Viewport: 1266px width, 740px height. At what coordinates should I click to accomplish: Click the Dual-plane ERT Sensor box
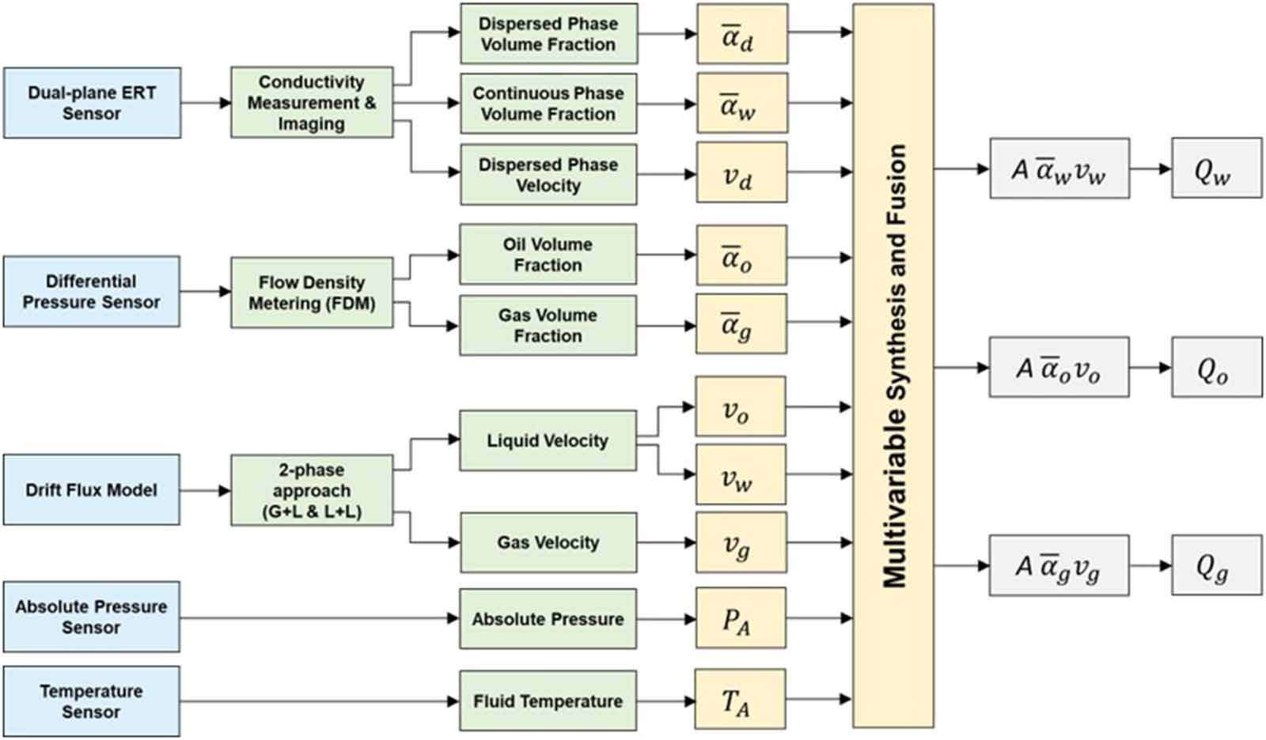click(x=92, y=103)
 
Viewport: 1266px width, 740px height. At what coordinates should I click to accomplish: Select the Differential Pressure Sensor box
click(x=92, y=292)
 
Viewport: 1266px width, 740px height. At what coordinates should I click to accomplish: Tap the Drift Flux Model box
click(x=92, y=489)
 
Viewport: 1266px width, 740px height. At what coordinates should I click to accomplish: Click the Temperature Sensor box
click(x=92, y=701)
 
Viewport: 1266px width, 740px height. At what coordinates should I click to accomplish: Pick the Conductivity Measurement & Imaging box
click(x=312, y=103)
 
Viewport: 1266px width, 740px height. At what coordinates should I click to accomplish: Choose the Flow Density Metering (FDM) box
click(x=312, y=293)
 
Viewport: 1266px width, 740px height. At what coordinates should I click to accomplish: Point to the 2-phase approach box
click(x=312, y=490)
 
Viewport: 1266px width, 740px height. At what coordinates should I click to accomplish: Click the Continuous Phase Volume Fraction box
click(x=548, y=104)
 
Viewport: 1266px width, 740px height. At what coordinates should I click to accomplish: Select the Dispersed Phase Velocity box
click(x=548, y=175)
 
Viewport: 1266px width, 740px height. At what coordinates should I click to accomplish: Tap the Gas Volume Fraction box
click(x=548, y=325)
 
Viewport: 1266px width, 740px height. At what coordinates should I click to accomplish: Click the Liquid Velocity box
click(x=548, y=440)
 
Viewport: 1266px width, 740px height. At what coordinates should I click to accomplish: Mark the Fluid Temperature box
click(x=548, y=701)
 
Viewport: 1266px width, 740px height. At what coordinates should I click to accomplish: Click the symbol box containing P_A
click(x=741, y=618)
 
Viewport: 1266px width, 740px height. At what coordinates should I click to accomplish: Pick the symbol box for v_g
click(x=741, y=542)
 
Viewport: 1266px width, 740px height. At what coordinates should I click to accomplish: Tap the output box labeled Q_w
click(x=1216, y=168)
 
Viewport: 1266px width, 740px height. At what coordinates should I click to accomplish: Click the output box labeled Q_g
click(x=1216, y=565)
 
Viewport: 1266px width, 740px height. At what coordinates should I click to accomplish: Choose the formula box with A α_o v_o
click(x=1059, y=367)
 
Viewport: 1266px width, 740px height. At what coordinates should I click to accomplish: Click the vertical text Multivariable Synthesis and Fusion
click(x=893, y=365)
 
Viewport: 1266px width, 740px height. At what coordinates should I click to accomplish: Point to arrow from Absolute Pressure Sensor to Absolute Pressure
click(x=316, y=618)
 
